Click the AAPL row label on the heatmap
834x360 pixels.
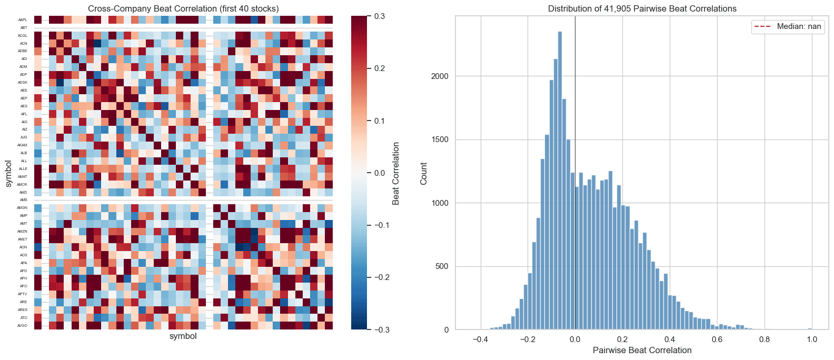(x=23, y=20)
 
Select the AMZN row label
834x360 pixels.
(x=23, y=232)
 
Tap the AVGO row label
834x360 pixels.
(x=23, y=326)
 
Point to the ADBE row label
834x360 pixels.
(x=23, y=51)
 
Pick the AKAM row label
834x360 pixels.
(x=22, y=145)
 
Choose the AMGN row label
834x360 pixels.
(x=22, y=208)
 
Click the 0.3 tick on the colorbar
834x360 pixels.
(x=379, y=16)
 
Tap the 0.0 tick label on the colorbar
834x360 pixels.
(x=379, y=173)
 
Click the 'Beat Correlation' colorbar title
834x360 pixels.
(x=396, y=173)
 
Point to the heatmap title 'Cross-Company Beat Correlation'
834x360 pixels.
(x=183, y=8)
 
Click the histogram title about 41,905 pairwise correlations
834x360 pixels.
(x=642, y=8)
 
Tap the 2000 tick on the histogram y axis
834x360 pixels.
(x=439, y=76)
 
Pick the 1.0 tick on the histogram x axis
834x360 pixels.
(x=812, y=339)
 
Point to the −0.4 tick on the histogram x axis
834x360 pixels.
(x=480, y=339)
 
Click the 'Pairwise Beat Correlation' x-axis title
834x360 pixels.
(x=642, y=350)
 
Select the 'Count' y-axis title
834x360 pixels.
(x=424, y=173)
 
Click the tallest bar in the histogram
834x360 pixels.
(x=560, y=179)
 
